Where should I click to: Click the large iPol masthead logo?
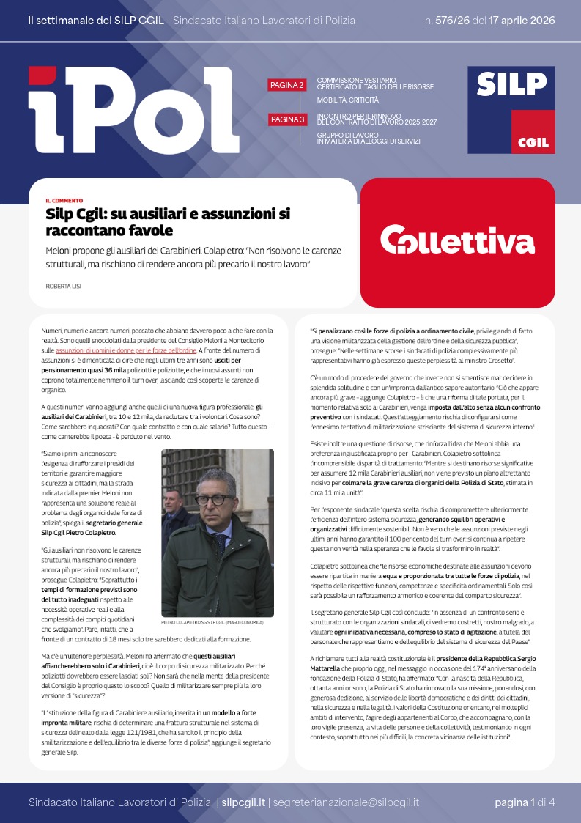coord(128,110)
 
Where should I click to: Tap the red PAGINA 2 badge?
coord(287,86)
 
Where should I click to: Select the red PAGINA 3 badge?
coord(287,119)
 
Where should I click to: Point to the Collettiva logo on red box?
coord(457,240)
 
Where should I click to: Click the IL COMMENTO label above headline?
coord(64,200)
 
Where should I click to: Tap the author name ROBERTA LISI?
coord(63,286)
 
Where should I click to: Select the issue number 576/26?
coord(454,21)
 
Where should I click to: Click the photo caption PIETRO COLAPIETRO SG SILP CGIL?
coord(216,622)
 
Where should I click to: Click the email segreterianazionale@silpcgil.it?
coord(345,802)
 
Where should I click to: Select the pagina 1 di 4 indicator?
coord(524,802)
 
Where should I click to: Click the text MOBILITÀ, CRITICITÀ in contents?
coord(347,100)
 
